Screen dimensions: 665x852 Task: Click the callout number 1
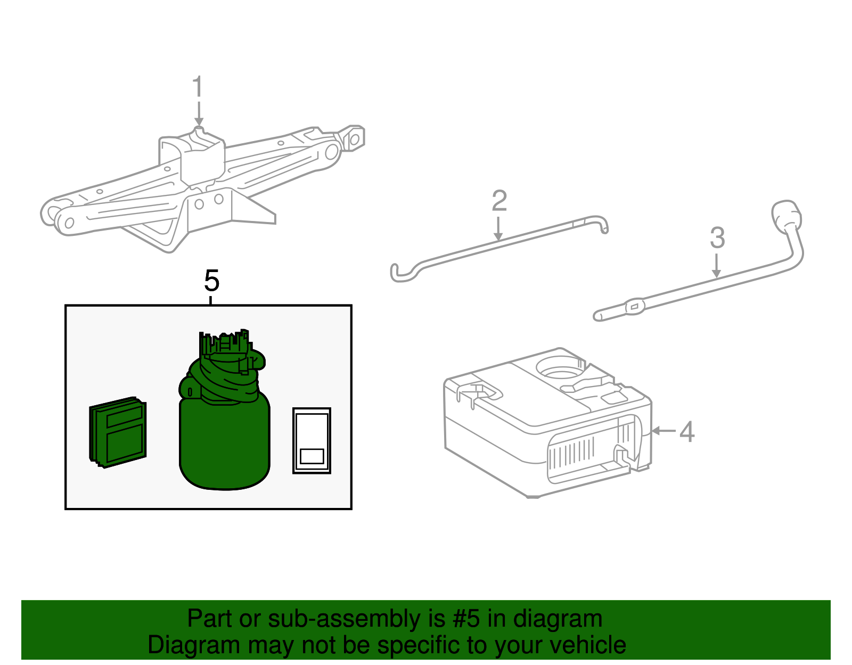[198, 86]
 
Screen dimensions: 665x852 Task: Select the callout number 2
[499, 201]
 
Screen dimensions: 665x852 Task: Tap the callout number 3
[717, 238]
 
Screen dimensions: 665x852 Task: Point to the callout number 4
[687, 431]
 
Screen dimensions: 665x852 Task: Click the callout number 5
[211, 281]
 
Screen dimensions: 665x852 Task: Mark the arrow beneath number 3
[717, 266]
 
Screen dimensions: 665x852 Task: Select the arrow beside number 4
[663, 431]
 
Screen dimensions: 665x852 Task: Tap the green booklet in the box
[118, 432]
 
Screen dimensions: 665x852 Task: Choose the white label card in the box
[312, 440]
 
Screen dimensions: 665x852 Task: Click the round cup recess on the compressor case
[559, 367]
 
